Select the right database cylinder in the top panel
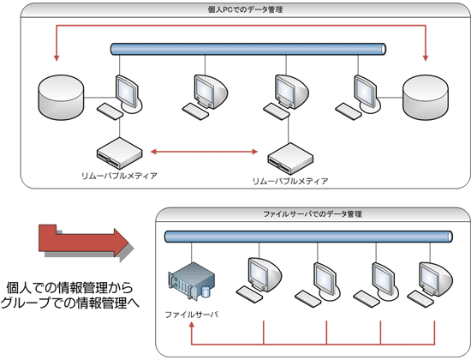pos(426,96)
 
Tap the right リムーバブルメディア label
pos(290,182)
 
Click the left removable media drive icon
pos(119,153)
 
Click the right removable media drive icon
pos(289,159)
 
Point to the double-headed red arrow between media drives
pos(204,153)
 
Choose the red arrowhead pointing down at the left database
pos(57,58)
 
